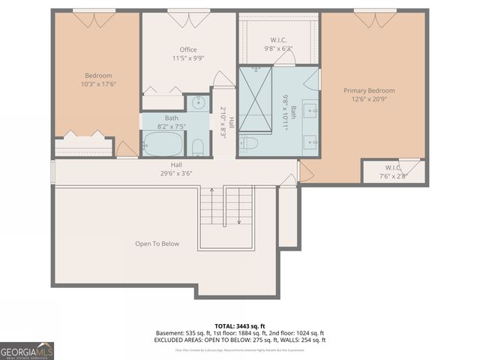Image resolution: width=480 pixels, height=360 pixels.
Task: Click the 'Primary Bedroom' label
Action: point(369,91)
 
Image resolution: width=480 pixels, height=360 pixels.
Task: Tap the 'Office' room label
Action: point(187,50)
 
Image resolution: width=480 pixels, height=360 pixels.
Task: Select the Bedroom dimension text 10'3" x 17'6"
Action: point(97,84)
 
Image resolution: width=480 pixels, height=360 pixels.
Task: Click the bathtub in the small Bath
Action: point(163,143)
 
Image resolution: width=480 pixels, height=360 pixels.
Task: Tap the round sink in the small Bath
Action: point(199,103)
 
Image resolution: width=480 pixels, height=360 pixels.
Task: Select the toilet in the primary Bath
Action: point(250,143)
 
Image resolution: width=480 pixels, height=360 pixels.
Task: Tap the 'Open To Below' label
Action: point(157,244)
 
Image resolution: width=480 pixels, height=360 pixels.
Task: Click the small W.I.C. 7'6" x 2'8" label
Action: point(394,172)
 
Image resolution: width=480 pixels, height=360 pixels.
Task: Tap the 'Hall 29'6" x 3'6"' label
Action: point(176,169)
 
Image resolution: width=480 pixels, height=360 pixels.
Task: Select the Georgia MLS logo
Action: point(27,350)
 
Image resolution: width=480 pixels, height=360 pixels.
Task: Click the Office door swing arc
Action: point(223,79)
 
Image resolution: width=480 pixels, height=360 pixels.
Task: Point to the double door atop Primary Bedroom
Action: point(375,19)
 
